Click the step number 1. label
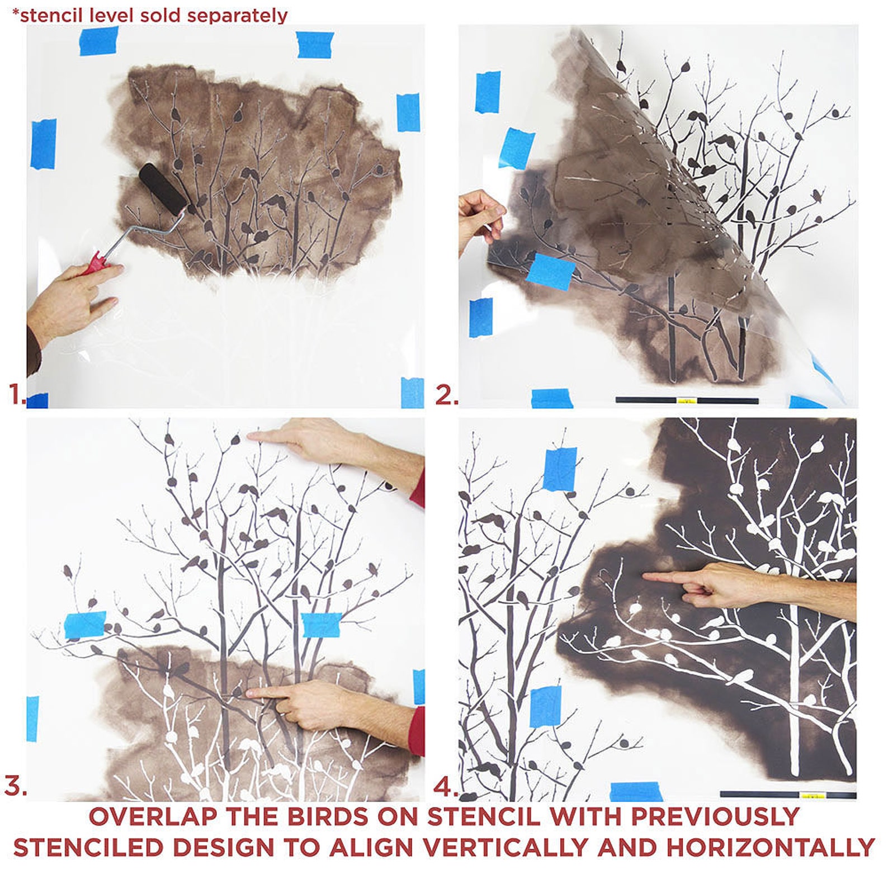point(16,394)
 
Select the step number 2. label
point(446,395)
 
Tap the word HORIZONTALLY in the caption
point(770,848)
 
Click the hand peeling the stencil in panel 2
point(480,218)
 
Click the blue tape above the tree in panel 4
point(560,469)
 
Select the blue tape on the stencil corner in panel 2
point(550,271)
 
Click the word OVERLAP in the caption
point(153,817)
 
